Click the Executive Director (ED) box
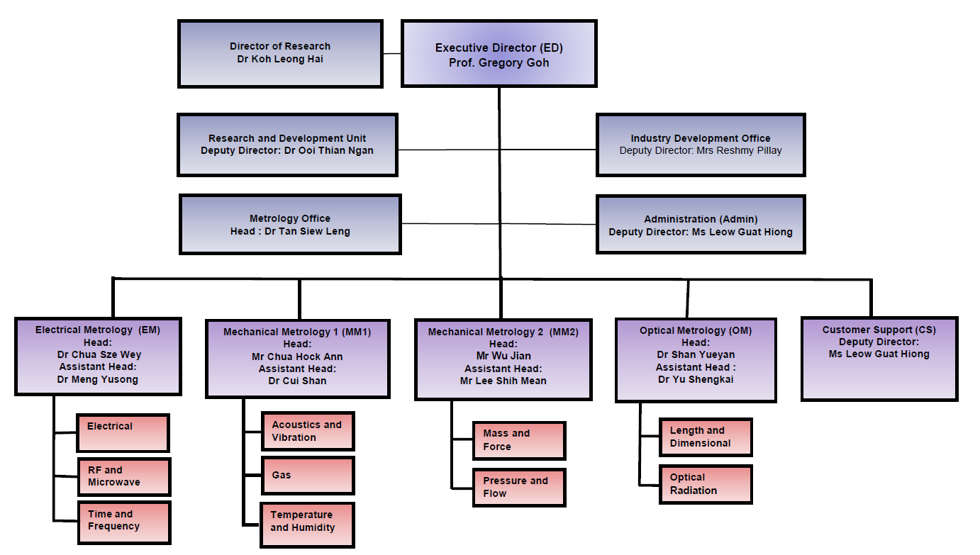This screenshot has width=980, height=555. pyautogui.click(x=499, y=55)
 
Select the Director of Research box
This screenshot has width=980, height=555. pyautogui.click(x=280, y=54)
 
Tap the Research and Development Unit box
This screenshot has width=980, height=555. pyautogui.click(x=287, y=145)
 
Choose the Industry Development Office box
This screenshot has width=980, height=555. pyautogui.click(x=701, y=145)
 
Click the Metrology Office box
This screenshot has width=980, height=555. pyautogui.click(x=290, y=225)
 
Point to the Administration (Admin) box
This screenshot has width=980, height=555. pyautogui.click(x=701, y=225)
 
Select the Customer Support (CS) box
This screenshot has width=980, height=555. pyautogui.click(x=879, y=359)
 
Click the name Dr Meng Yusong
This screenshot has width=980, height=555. pyautogui.click(x=98, y=379)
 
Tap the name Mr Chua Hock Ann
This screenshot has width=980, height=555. pyautogui.click(x=297, y=357)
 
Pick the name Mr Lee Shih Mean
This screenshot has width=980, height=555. pyautogui.click(x=503, y=381)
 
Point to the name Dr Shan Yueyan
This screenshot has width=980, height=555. pyautogui.click(x=696, y=354)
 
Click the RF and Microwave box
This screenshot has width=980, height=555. pyautogui.click(x=123, y=476)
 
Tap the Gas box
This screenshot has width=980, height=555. pyautogui.click(x=307, y=476)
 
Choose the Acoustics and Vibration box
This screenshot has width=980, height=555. pyautogui.click(x=307, y=431)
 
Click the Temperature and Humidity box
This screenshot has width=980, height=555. pyautogui.click(x=307, y=524)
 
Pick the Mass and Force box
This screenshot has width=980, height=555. pyautogui.click(x=518, y=440)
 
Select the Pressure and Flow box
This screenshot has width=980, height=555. pyautogui.click(x=518, y=487)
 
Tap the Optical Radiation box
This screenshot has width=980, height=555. pyautogui.click(x=705, y=484)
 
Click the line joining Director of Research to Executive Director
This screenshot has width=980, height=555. pyautogui.click(x=392, y=53)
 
